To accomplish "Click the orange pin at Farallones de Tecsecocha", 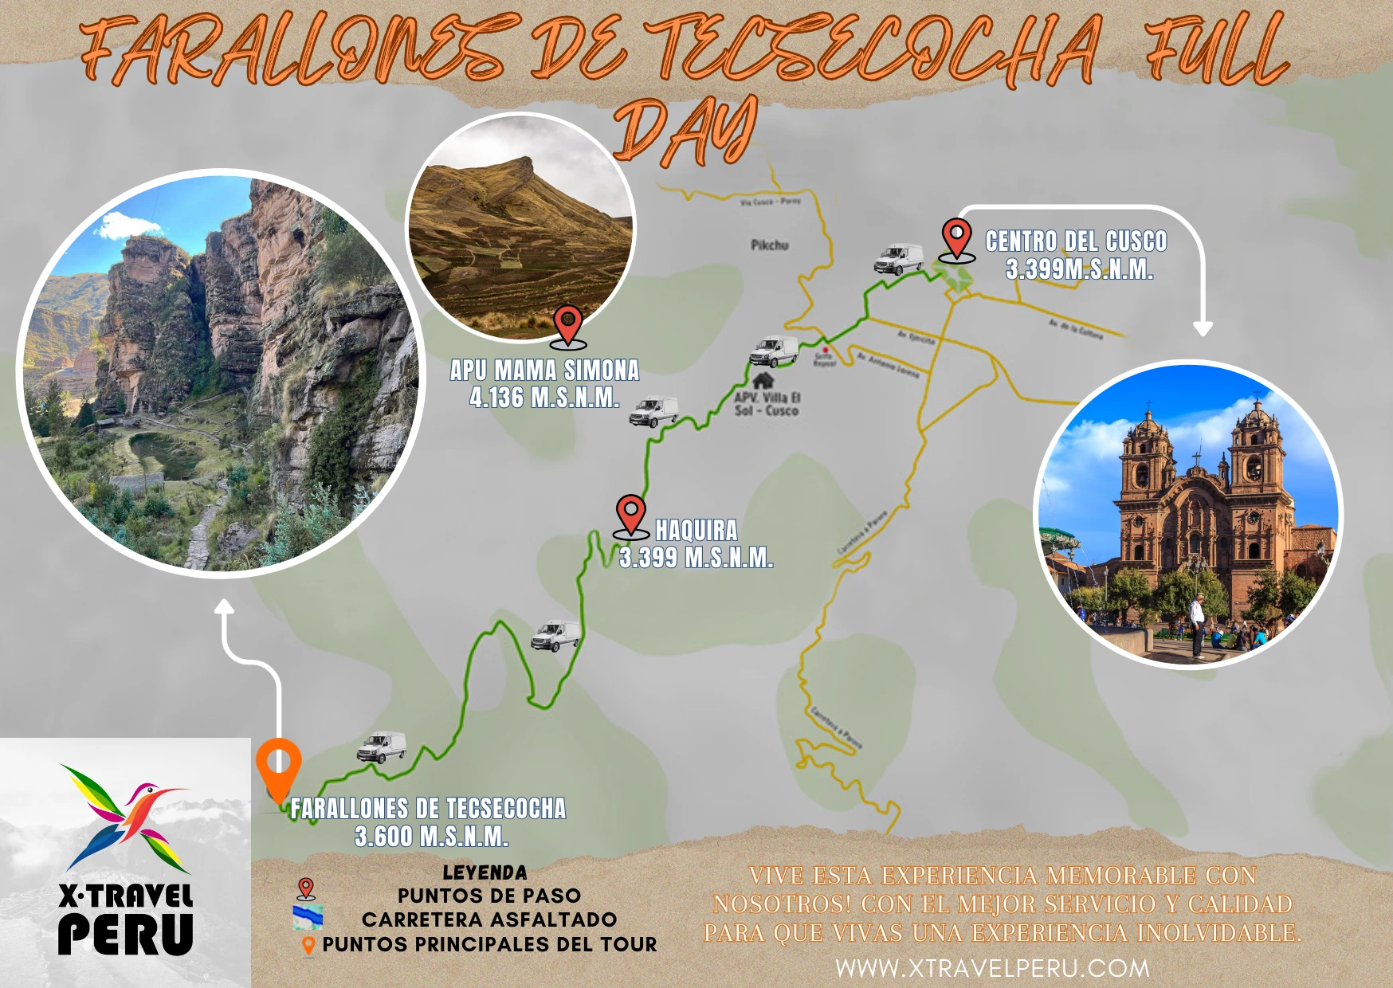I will click(278, 767).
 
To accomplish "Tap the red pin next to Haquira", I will click(631, 514).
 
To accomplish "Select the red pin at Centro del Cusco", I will click(956, 237).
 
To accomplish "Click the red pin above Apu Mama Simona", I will click(567, 325).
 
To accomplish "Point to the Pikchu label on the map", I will click(769, 245).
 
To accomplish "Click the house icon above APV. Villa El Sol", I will click(763, 380).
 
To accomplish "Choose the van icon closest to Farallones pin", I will click(382, 747).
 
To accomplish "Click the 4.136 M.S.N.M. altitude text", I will click(544, 397).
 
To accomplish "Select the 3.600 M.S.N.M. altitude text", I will click(431, 837).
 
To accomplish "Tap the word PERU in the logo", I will click(126, 934).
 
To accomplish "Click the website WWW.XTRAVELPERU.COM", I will click(992, 968).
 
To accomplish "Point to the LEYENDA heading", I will click(485, 872).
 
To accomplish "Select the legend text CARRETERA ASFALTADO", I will click(489, 919).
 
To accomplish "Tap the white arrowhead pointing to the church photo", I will click(1203, 327).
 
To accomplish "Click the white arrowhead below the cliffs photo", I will click(225, 608).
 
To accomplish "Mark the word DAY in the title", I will click(685, 131).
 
